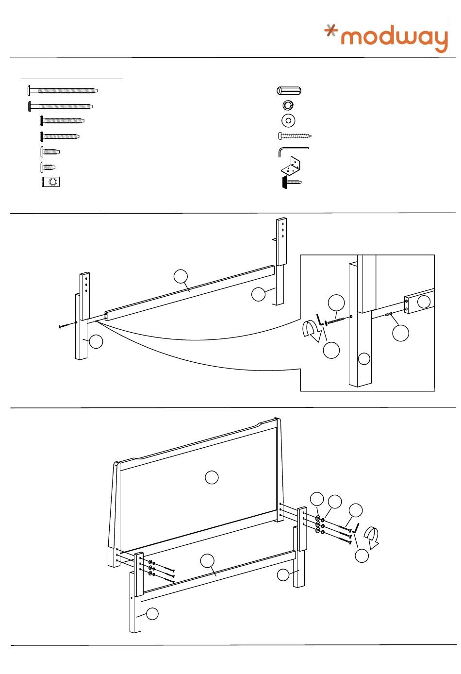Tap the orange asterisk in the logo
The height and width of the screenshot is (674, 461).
[x=331, y=31]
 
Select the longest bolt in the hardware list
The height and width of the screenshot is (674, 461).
[x=63, y=90]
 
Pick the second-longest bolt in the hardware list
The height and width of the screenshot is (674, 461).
[x=61, y=106]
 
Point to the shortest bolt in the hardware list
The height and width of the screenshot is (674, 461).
[x=48, y=167]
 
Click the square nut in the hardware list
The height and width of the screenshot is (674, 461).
[x=51, y=182]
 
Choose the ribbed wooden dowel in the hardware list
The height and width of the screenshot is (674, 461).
[x=289, y=91]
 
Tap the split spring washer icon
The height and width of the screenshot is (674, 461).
[x=288, y=105]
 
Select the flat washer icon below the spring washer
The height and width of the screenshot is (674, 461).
[x=288, y=120]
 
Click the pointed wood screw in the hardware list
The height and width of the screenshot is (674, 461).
[x=295, y=136]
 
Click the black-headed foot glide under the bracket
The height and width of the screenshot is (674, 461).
[x=291, y=182]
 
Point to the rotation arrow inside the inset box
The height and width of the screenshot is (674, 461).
[x=311, y=331]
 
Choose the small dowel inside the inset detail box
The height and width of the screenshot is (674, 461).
[x=389, y=315]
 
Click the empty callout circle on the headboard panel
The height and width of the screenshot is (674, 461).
[x=212, y=477]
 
